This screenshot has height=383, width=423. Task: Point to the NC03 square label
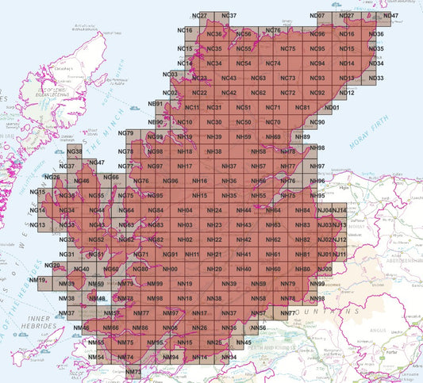click(169, 75)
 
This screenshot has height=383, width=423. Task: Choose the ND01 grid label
click(332, 107)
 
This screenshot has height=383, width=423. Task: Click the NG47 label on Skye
click(97, 163)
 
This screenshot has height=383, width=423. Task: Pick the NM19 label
click(37, 280)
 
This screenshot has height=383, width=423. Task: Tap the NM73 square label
click(133, 371)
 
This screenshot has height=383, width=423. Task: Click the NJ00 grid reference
click(324, 270)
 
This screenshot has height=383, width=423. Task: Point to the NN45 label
click(243, 342)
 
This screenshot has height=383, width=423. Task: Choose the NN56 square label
click(258, 327)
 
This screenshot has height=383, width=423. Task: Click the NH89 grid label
click(302, 137)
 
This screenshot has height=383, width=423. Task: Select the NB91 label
click(156, 104)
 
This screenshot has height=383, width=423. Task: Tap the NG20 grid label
click(53, 266)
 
